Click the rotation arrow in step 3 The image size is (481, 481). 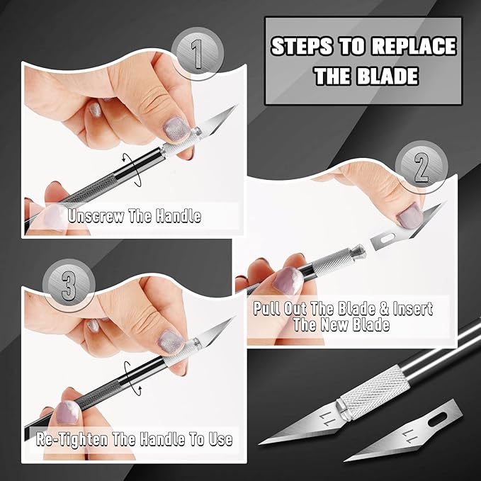point(128,375)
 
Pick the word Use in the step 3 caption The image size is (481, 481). point(217,439)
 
